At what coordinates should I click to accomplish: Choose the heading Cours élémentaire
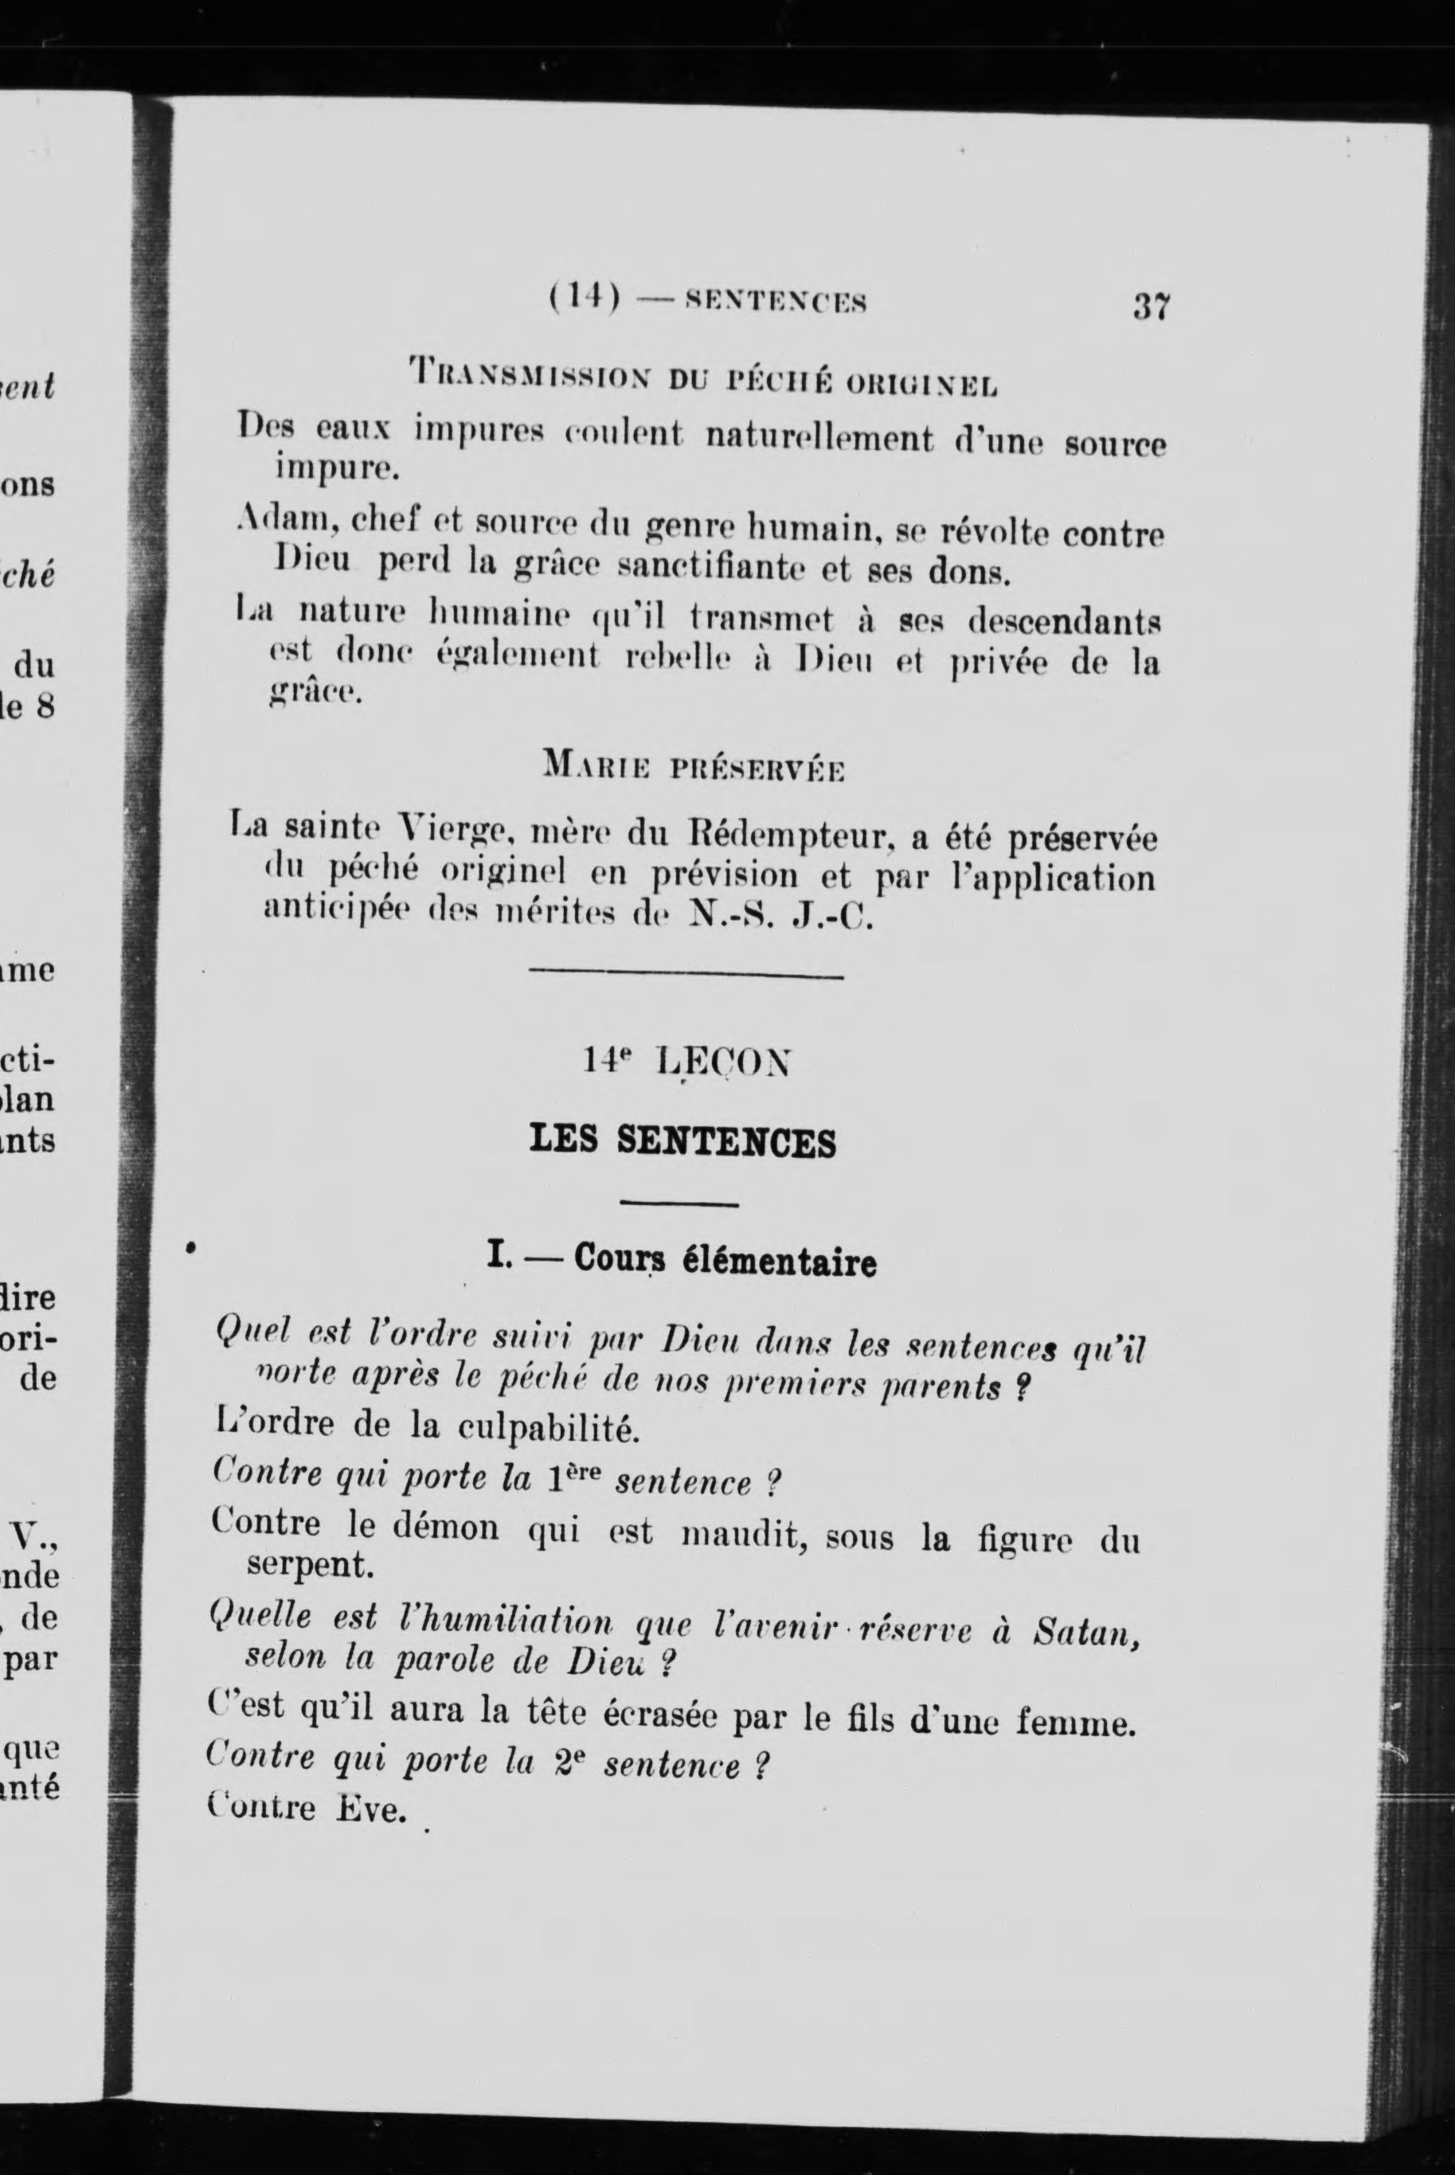click(x=725, y=1262)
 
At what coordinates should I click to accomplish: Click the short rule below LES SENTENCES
click(x=679, y=1204)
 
